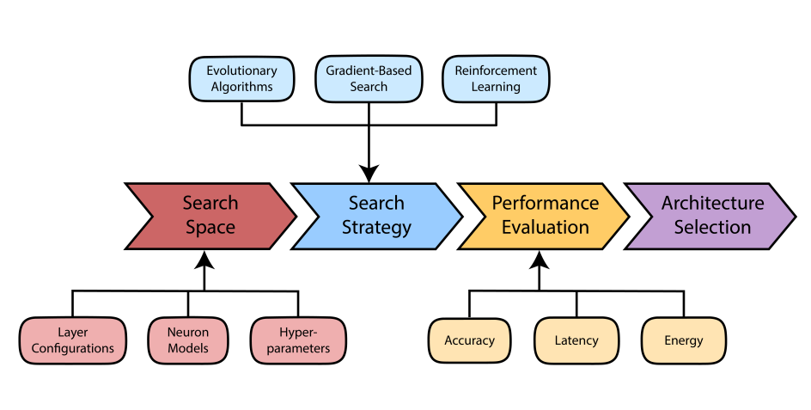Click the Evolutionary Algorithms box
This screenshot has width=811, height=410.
[241, 78]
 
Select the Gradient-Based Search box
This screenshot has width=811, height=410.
[369, 78]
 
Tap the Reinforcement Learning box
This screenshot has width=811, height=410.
[496, 78]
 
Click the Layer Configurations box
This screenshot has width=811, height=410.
[72, 340]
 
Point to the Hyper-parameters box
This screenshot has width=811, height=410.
[298, 340]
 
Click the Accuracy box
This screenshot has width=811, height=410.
[469, 340]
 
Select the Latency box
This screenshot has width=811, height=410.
[576, 340]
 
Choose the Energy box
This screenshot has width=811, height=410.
[683, 340]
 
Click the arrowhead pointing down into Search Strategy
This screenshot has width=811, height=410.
[369, 173]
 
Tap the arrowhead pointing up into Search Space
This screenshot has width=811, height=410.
[204, 260]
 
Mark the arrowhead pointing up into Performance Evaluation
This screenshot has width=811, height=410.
[539, 260]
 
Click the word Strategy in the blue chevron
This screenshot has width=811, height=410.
[376, 228]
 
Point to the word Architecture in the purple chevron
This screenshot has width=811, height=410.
[712, 204]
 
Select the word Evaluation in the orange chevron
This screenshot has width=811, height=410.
[545, 228]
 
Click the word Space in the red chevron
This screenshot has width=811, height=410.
[210, 228]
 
